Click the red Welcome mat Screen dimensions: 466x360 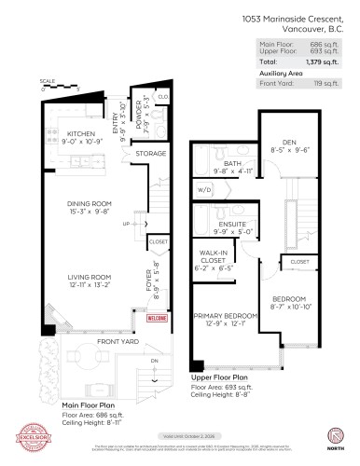click(158, 318)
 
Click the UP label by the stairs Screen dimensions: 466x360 click(126, 225)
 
